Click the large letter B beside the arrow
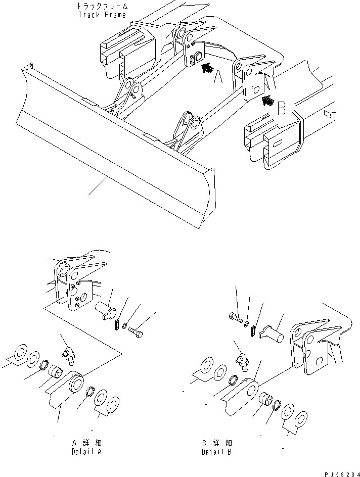coord(282,108)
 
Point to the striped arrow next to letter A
coord(206,70)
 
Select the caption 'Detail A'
coord(86,452)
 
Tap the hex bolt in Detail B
coord(235,318)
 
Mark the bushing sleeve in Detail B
coord(266,401)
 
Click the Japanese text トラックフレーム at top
coord(103,7)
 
